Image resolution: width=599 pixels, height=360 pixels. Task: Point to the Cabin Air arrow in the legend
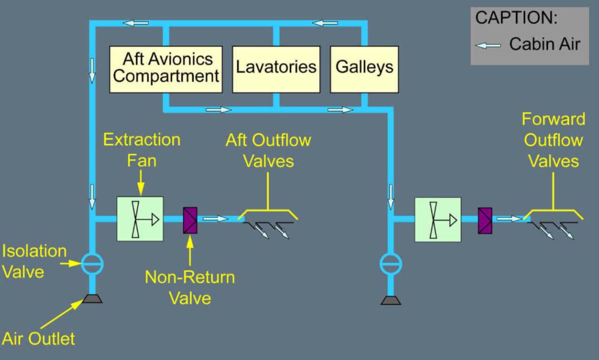(x=489, y=44)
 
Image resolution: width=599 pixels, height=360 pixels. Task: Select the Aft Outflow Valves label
(x=268, y=150)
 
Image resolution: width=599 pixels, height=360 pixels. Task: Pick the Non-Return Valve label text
(x=189, y=287)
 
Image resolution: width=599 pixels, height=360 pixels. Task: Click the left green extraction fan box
(x=140, y=219)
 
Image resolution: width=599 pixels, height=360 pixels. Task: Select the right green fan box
(x=438, y=219)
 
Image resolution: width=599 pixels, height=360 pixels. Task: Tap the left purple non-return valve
(x=190, y=219)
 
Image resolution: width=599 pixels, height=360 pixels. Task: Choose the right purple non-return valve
(x=485, y=219)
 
